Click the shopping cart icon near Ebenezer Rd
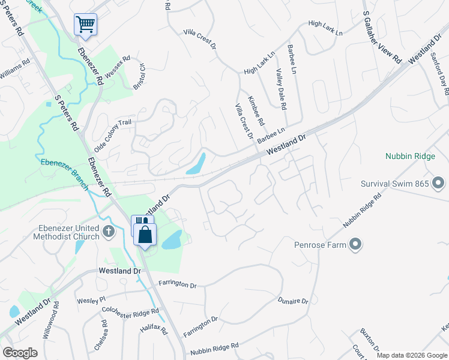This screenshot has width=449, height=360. (x=85, y=25)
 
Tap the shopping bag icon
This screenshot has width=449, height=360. (x=145, y=235)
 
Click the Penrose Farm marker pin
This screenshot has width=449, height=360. (x=355, y=244)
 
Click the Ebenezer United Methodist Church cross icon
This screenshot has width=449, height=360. (x=109, y=231)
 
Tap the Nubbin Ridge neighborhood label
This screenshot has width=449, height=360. (x=410, y=156)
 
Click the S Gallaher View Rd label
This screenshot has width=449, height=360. (x=382, y=37)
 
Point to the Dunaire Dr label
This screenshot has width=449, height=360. (x=292, y=301)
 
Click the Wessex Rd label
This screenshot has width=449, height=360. (x=118, y=67)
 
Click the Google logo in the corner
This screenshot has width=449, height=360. (x=20, y=352)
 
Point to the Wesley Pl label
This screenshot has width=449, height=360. (x=90, y=299)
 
